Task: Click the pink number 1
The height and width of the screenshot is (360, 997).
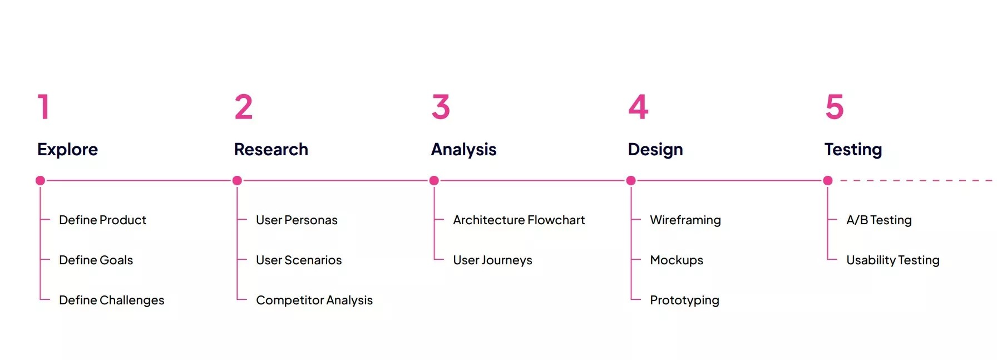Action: pos(44,107)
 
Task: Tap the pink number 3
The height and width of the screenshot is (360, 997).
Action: pos(441,107)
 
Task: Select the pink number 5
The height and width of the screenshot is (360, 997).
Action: pos(835,107)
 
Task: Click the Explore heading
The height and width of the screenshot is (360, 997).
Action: pos(67,149)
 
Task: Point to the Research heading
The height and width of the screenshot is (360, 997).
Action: pos(271,149)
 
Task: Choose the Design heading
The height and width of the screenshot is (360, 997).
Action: pos(655,149)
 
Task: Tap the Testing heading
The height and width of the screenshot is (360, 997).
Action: pos(853,149)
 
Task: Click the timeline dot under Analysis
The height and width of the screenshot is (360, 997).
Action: pos(434,180)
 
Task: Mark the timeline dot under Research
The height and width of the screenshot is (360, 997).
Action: pos(237,180)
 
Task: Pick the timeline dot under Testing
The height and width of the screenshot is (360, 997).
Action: pos(828,180)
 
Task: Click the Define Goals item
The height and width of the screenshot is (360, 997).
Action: pos(96,260)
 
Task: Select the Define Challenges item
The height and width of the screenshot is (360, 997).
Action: pos(111,300)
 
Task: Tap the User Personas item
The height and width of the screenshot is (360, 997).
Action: pos(297,220)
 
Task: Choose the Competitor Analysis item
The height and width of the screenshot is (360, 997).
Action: pos(314,300)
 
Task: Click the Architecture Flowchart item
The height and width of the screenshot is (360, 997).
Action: pos(519,220)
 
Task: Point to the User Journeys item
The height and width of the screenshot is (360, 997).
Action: pos(492,260)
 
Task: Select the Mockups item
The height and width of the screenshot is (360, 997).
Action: pos(677,260)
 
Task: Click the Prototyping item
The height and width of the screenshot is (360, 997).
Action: pos(684,300)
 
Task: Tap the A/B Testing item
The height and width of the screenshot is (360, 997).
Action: pos(879,220)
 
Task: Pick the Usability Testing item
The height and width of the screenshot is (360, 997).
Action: pos(892,260)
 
